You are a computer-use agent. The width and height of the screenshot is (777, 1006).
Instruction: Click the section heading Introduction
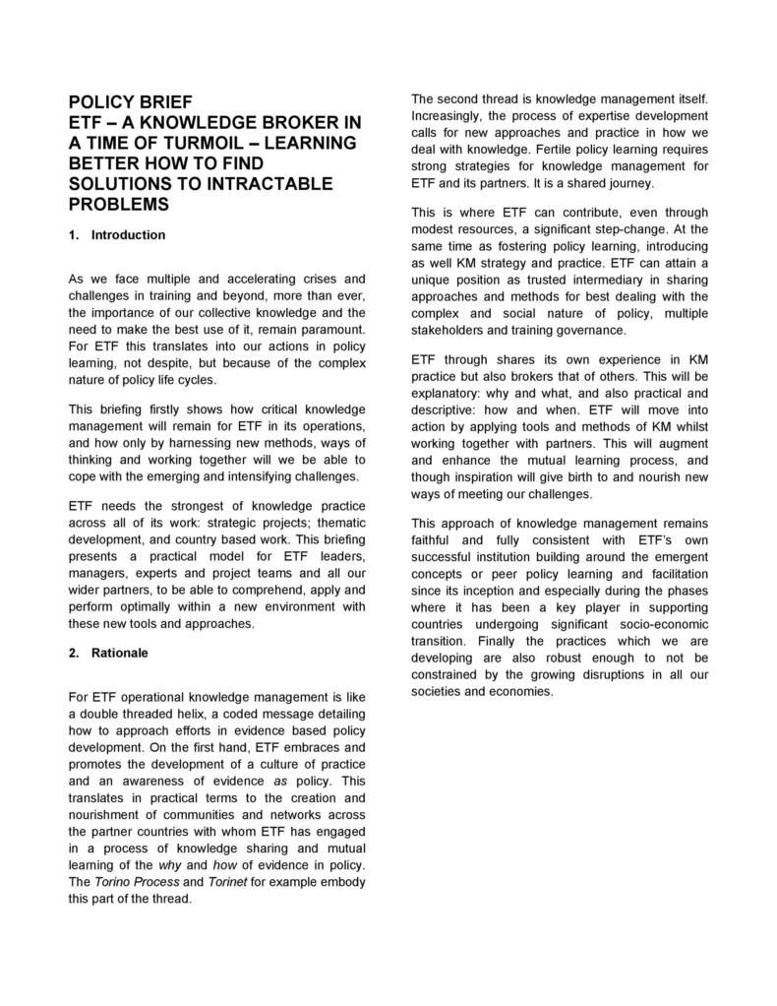(x=128, y=235)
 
